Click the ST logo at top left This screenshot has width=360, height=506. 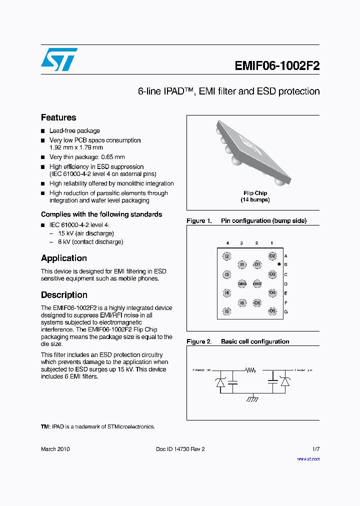tap(59, 59)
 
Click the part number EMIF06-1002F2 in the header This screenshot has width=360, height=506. tap(277, 66)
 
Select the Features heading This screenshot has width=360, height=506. tap(58, 117)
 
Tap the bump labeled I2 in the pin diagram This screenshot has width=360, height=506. tap(227, 256)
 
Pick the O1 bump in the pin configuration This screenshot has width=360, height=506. tap(257, 264)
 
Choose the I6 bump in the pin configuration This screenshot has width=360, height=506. tap(242, 303)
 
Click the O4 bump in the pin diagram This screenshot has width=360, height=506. tap(272, 292)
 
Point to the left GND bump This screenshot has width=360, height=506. tap(242, 283)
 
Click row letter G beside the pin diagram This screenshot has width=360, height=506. tap(285, 312)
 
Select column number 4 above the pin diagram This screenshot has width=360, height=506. tap(227, 243)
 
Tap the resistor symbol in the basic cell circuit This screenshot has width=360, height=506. tap(250, 370)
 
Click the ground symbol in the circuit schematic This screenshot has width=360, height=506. tap(253, 398)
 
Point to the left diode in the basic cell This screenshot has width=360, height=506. tap(219, 382)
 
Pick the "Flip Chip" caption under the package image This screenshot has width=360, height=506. tap(255, 193)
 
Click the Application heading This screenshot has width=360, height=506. tap(64, 258)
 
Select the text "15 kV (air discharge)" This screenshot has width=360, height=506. tap(86, 233)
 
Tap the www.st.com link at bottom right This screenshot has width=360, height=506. tap(308, 459)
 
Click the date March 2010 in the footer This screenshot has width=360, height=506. tap(55, 449)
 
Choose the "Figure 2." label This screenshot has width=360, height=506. tap(199, 341)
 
